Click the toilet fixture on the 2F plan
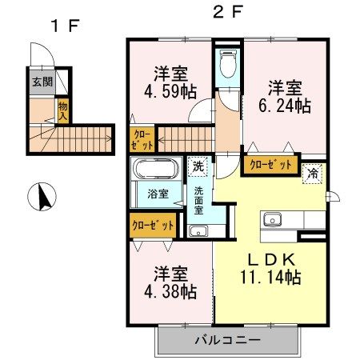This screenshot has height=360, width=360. click(228, 63)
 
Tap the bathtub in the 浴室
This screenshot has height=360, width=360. click(157, 169)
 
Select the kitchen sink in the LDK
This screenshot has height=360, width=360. click(272, 220)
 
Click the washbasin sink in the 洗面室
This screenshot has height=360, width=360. click(198, 231)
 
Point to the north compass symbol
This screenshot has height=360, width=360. click(42, 197)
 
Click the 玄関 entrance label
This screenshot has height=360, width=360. click(42, 82)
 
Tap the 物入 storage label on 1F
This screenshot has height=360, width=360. click(63, 111)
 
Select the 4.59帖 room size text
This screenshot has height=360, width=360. click(170, 91)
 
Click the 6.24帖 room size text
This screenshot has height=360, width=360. click(285, 106)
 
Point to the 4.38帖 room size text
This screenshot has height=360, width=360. click(170, 291)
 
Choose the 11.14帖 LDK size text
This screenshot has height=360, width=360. click(270, 277)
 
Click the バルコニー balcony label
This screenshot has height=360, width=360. click(227, 340)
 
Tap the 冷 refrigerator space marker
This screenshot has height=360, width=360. click(312, 174)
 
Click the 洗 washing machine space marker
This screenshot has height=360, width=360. click(198, 166)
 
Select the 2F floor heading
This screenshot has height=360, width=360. click(228, 12)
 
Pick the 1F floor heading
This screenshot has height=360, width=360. click(66, 26)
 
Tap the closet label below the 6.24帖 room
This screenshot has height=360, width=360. click(270, 166)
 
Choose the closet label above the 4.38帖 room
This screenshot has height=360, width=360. click(153, 226)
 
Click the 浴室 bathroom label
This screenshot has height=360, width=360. click(158, 194)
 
